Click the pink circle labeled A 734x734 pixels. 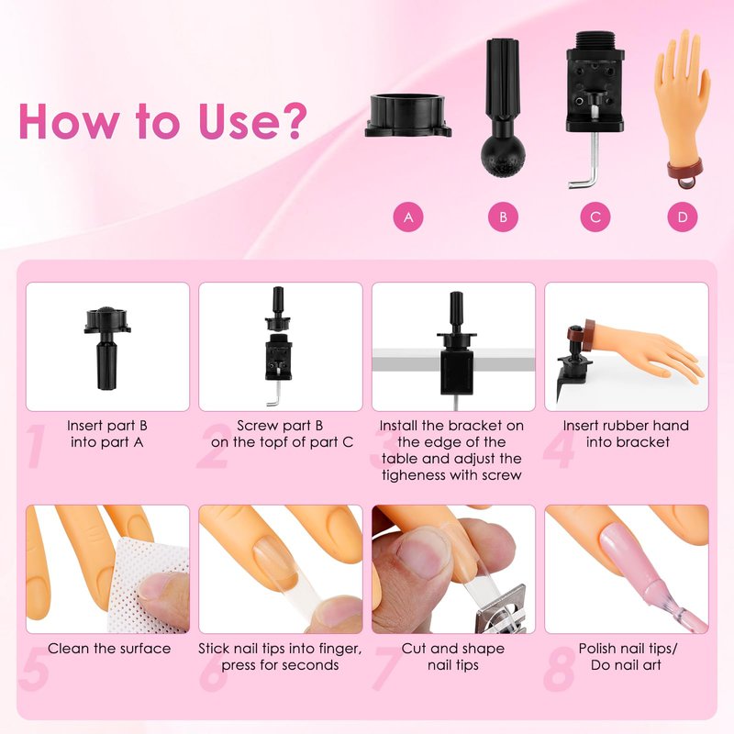(x=408, y=217)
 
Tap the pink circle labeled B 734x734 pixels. (x=503, y=217)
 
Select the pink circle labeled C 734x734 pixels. (x=595, y=217)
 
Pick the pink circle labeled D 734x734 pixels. (x=683, y=217)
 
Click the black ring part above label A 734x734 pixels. (x=408, y=116)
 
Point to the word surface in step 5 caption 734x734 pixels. (x=142, y=649)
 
